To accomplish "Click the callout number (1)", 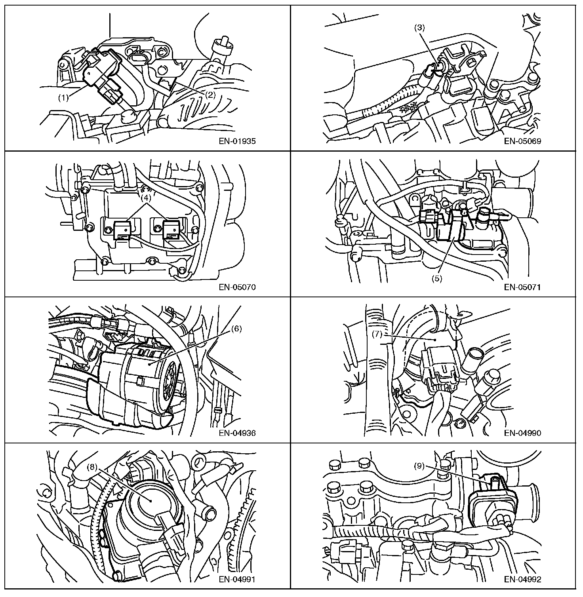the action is pos(63,98).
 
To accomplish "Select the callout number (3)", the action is pos(419,28).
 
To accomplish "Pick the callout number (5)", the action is pos(437,278).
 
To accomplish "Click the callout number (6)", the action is pos(236,329).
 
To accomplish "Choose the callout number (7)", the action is pos(377,334).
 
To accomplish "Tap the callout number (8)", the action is pos(92,467).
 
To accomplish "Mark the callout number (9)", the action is pos(419,466).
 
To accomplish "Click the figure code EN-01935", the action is pos(237,141).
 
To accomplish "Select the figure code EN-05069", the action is pos(523,141).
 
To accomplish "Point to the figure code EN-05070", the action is pos(237,287).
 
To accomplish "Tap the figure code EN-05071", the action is pos(523,287).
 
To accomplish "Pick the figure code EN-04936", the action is pos(237,433).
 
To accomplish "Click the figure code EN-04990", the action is pos(523,433).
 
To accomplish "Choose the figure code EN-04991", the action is pos(237,579).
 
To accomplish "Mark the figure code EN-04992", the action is pos(523,579).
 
